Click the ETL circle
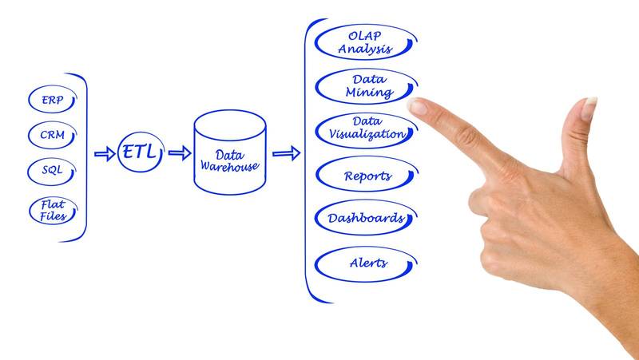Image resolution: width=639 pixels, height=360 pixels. click(140, 152)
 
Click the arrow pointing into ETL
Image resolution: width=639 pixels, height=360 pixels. click(105, 153)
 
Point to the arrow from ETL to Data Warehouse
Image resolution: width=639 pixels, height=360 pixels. click(180, 153)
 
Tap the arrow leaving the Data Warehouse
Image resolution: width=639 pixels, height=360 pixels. click(286, 152)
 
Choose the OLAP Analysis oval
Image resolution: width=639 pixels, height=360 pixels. click(365, 42)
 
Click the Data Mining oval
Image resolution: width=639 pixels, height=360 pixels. click(366, 86)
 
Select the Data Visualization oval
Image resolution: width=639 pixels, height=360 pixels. click(366, 129)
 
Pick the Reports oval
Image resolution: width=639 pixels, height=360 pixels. click(367, 175)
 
